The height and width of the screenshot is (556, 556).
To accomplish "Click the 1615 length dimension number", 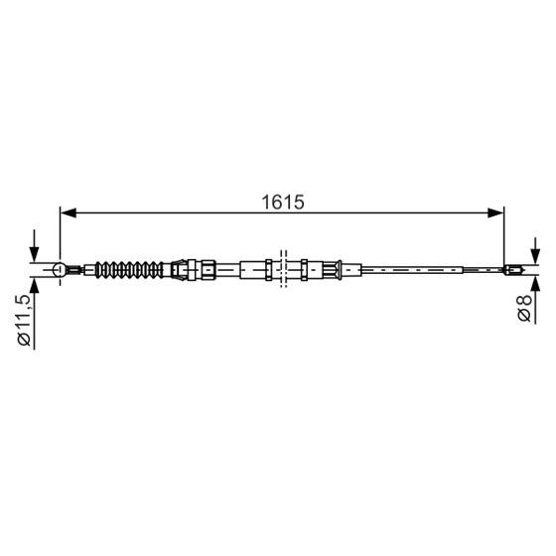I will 282,202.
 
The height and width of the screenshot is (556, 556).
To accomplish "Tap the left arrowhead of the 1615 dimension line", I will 68,211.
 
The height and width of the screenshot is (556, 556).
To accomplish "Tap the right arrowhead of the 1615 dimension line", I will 496,211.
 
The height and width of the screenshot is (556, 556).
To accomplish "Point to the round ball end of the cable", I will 60,269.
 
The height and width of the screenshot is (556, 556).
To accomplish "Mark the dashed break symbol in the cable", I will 284,268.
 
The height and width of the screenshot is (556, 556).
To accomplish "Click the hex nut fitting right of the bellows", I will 181,268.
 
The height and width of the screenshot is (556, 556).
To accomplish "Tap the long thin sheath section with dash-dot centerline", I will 417,268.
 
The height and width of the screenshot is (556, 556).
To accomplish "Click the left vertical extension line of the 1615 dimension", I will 61,233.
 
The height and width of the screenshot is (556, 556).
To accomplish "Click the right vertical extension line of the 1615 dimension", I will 504,233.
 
